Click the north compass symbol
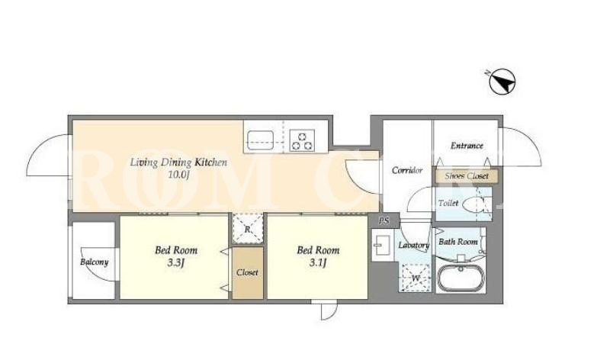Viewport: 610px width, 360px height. (x=502, y=82)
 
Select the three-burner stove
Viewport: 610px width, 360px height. (x=302, y=140)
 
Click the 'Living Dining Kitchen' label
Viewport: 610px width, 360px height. (x=178, y=162)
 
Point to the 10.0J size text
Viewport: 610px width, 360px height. (x=178, y=175)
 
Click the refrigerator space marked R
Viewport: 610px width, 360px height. (x=248, y=229)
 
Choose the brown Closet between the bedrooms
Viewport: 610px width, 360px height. (x=248, y=273)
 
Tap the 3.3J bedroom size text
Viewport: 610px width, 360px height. (x=176, y=263)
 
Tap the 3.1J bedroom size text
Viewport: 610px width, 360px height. (x=318, y=263)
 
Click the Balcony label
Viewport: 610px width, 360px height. (x=94, y=262)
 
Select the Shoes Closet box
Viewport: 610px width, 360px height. (x=467, y=176)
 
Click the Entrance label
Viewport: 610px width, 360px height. (x=467, y=146)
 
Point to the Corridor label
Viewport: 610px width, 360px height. (x=407, y=170)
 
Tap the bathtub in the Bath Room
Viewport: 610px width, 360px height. (x=461, y=278)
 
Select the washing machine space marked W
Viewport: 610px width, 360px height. (x=416, y=278)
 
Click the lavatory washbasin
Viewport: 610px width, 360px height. (x=380, y=246)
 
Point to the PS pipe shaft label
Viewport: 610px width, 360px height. (x=384, y=221)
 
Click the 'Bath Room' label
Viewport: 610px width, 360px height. (x=458, y=242)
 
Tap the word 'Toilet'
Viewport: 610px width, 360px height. (x=448, y=203)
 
